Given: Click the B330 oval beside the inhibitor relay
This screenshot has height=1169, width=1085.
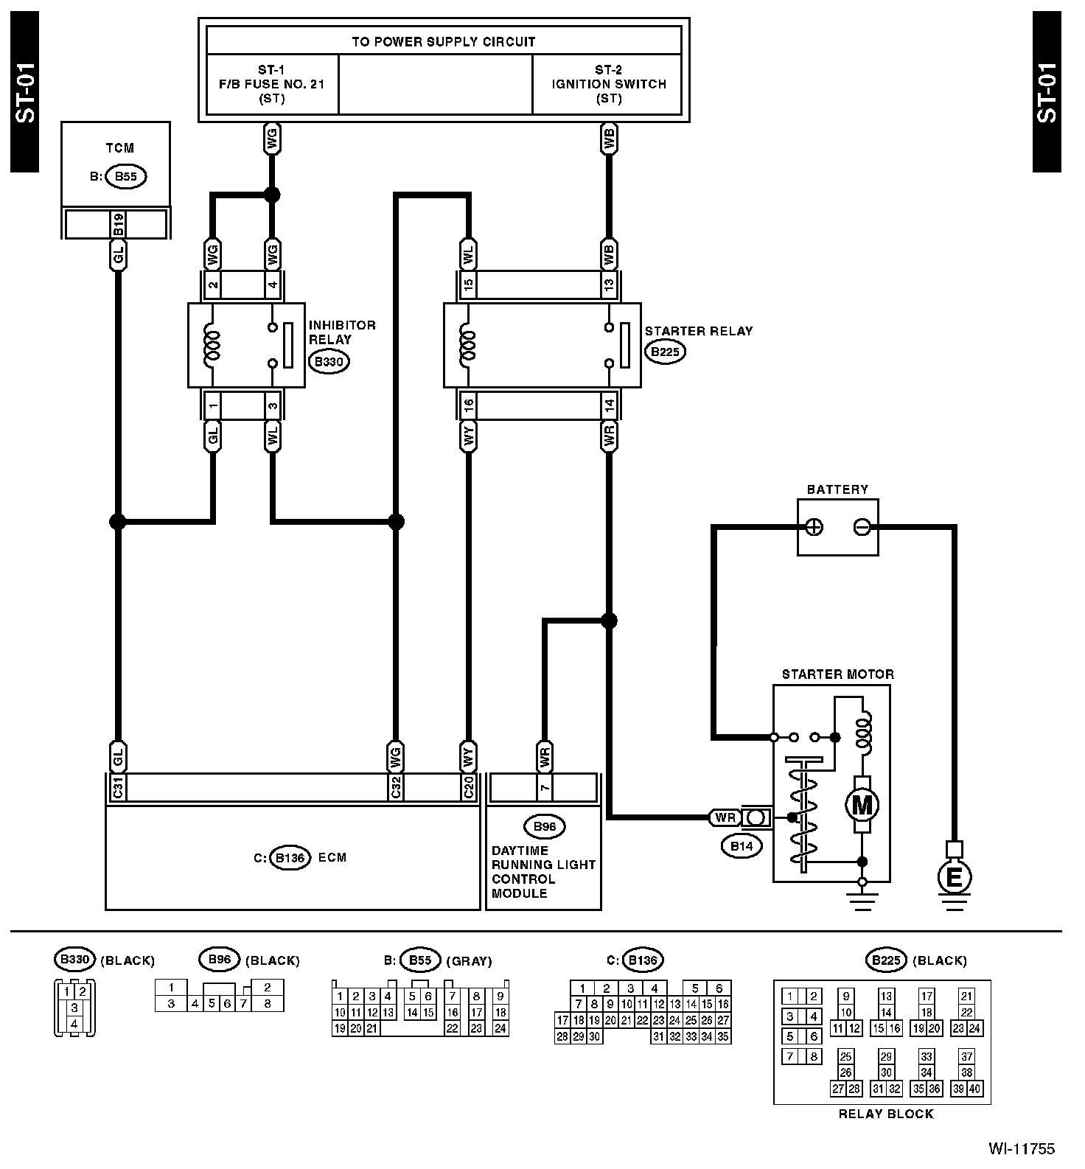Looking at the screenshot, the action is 329,362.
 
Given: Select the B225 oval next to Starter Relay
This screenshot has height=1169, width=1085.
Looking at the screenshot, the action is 666,352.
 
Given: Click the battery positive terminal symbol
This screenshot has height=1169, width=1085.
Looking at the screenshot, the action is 814,527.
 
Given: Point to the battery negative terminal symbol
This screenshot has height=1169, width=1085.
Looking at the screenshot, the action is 862,527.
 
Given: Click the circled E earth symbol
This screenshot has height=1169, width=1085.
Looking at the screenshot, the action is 954,877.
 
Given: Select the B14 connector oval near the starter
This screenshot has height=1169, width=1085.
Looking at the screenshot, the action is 742,846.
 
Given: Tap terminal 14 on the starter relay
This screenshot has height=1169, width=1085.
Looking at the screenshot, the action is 609,405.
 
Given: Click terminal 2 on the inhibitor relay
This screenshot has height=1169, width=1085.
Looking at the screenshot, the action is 213,284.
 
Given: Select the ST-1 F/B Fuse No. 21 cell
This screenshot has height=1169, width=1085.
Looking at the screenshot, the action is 272,84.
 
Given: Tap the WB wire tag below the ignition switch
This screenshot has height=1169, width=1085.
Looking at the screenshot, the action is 609,139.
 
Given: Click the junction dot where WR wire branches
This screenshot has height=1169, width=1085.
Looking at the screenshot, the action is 609,621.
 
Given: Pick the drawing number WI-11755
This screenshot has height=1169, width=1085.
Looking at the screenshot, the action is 1022,1148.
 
